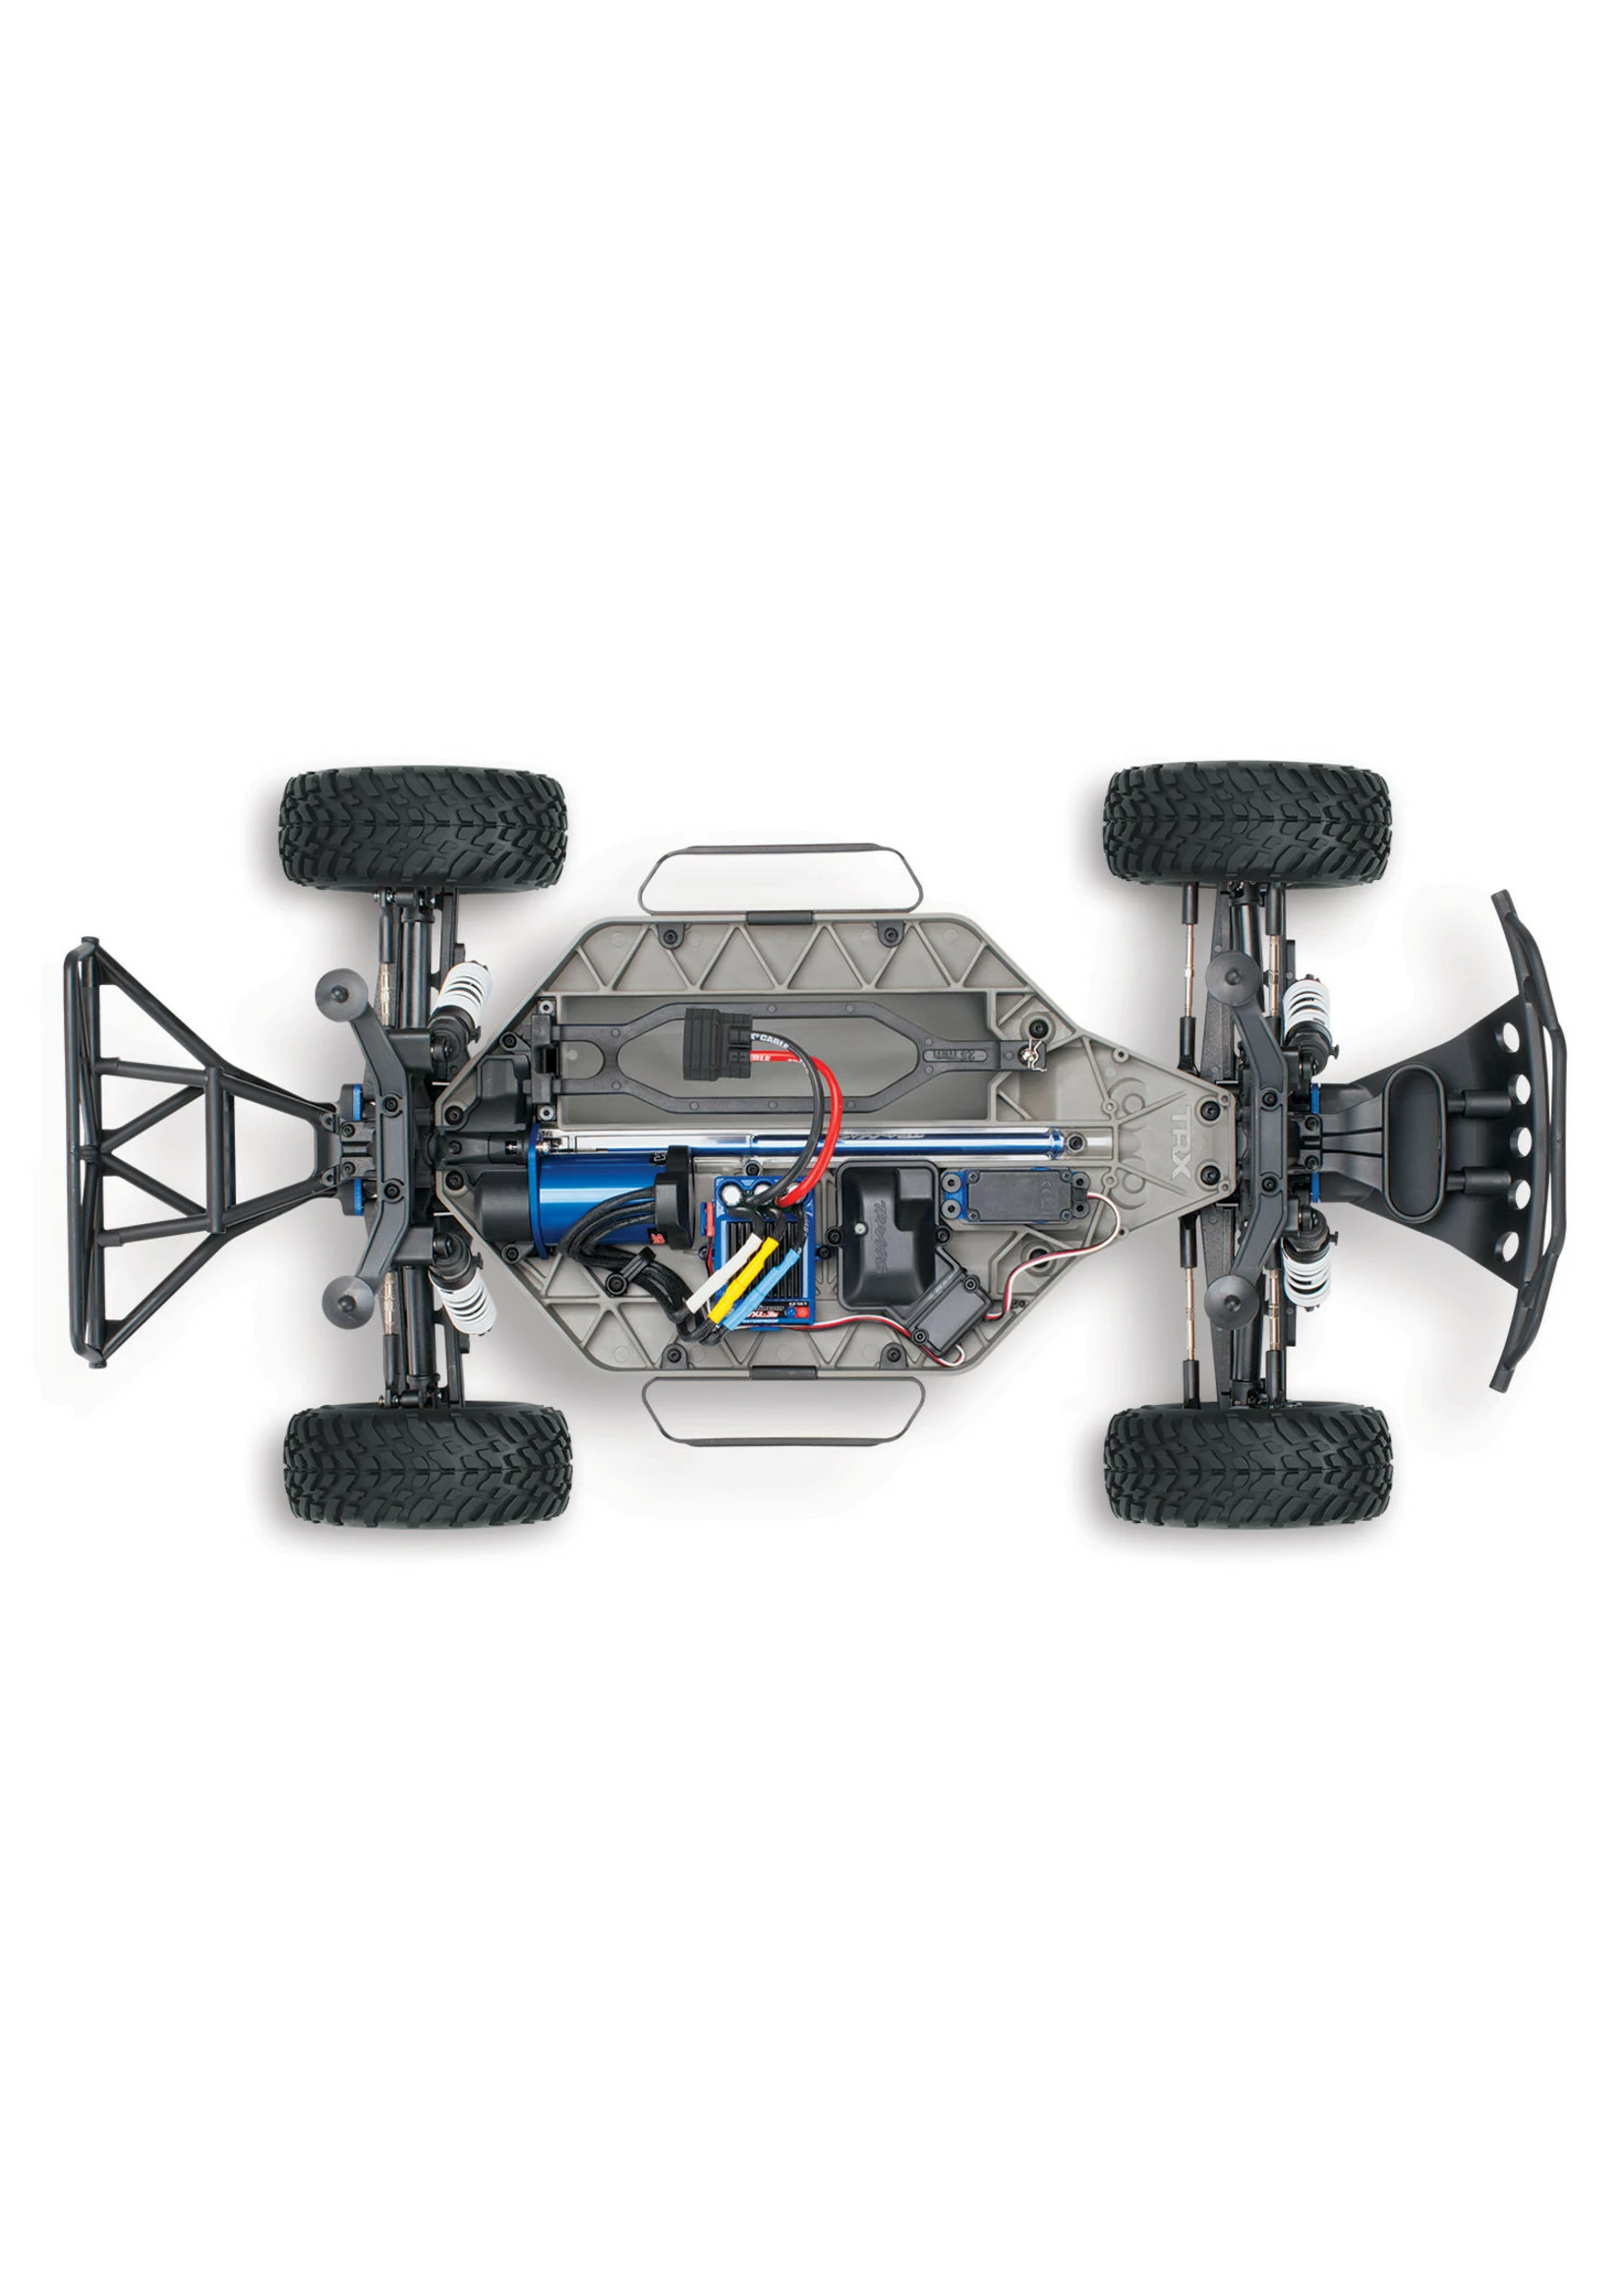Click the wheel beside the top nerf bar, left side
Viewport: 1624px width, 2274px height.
[x=424, y=830]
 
